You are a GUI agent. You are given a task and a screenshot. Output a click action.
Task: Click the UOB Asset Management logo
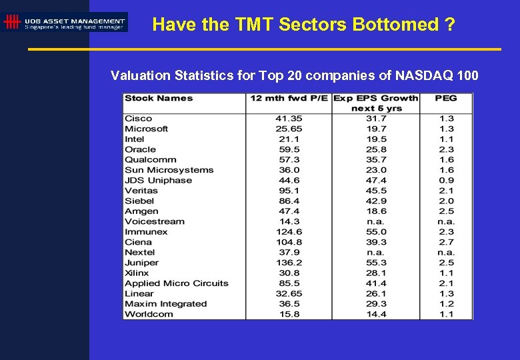(65, 23)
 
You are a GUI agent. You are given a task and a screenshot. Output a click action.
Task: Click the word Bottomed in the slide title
(388, 25)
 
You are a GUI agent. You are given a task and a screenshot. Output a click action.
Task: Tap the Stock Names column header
(159, 98)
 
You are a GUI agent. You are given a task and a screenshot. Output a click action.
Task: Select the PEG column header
(446, 98)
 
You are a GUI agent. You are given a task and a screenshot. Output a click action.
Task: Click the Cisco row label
(138, 119)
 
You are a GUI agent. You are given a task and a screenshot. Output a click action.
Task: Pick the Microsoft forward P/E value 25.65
(289, 129)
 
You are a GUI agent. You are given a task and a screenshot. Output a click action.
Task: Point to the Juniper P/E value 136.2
(289, 263)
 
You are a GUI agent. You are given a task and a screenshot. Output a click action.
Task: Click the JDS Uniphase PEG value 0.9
(446, 180)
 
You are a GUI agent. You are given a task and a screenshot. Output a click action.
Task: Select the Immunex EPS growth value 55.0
(376, 232)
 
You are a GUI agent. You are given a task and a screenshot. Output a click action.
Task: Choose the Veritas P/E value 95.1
(289, 191)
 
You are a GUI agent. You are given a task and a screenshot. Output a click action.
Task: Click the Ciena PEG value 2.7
(446, 242)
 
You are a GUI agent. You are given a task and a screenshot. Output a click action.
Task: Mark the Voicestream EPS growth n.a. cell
(376, 221)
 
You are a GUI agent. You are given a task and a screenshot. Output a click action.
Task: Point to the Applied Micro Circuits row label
(177, 283)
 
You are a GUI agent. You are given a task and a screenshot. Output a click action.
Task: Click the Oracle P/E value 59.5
(289, 149)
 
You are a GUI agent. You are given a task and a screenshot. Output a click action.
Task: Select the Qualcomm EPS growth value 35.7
(376, 159)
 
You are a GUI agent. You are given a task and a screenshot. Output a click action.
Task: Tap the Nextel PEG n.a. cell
(446, 253)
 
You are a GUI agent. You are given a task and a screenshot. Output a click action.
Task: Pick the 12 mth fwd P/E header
(289, 98)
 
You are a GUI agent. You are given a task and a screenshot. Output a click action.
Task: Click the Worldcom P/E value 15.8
(289, 314)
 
